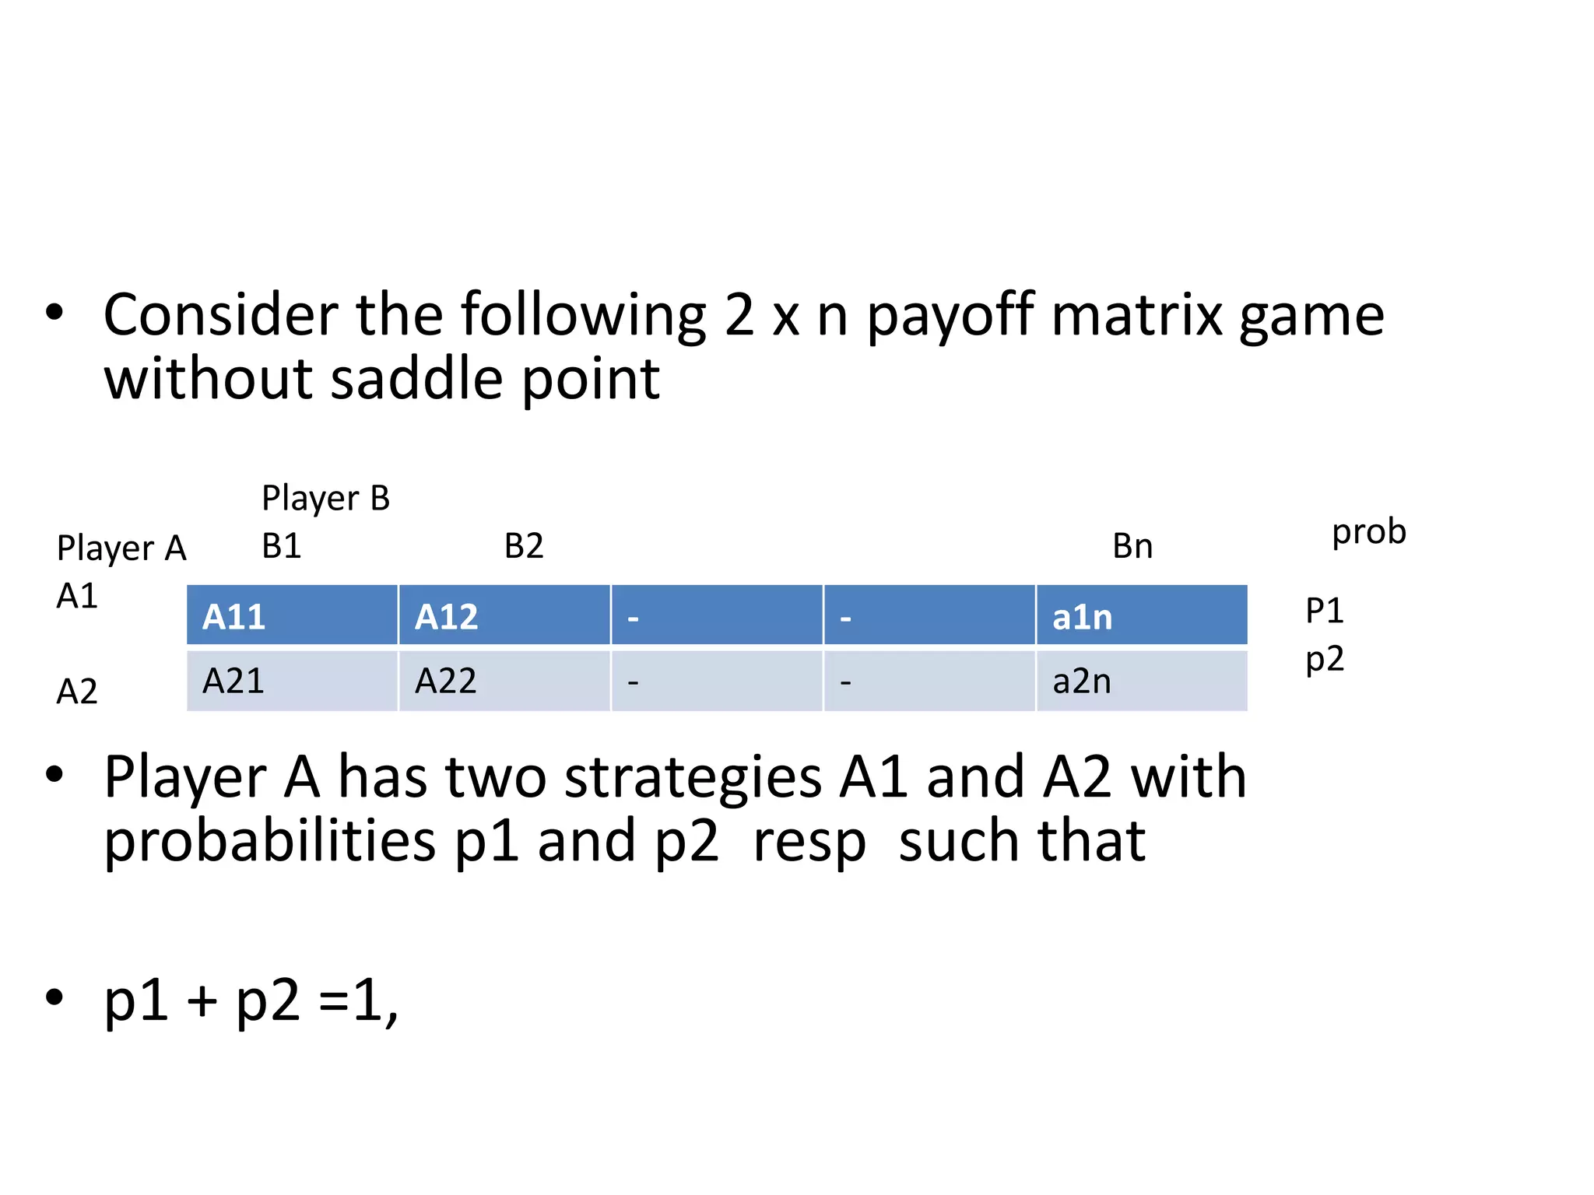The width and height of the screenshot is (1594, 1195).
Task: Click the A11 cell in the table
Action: tap(292, 616)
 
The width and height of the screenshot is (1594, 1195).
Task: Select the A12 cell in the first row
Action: tap(504, 616)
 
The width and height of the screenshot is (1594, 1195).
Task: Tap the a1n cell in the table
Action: tap(1141, 616)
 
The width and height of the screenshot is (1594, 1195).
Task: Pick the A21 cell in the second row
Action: tap(292, 681)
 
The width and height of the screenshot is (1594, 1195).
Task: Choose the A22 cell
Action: tap(504, 681)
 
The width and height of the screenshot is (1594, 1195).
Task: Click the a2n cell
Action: tap(1141, 681)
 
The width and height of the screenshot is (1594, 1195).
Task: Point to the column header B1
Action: tap(281, 546)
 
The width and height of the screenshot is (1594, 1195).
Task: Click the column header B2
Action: tap(523, 546)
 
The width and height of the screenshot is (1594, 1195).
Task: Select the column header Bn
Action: tap(1132, 546)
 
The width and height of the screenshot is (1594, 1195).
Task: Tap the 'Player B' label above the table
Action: tap(325, 499)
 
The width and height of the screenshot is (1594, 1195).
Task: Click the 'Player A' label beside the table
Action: tap(121, 548)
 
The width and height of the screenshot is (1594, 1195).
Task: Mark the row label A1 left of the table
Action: tap(77, 596)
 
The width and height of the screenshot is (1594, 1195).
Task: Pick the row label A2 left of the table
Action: tap(77, 691)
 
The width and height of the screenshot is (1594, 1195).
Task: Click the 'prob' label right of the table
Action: tap(1368, 532)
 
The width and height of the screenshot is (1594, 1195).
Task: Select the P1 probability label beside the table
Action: tap(1324, 611)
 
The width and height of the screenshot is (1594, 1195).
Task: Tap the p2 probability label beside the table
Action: tap(1324, 660)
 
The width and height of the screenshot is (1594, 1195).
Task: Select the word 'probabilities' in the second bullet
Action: tap(270, 841)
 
